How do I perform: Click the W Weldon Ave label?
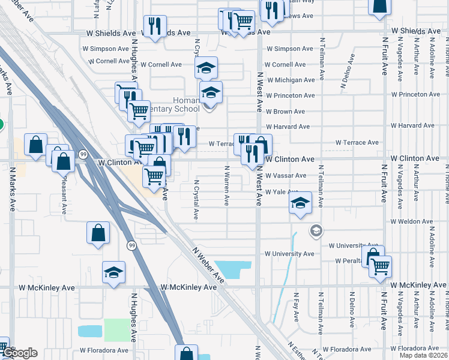point(411,221)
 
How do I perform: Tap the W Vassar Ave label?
point(286,175)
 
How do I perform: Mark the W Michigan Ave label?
point(291,80)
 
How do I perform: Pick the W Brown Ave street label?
point(286,112)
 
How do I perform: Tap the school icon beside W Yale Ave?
point(300,203)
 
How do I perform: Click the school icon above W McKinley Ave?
point(113,272)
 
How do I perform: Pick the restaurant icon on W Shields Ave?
point(155,26)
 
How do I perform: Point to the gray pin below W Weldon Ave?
point(316,230)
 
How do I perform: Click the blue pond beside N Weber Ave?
point(232,269)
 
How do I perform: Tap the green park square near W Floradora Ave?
point(116,331)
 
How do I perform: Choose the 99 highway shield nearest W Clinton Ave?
point(83,154)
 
